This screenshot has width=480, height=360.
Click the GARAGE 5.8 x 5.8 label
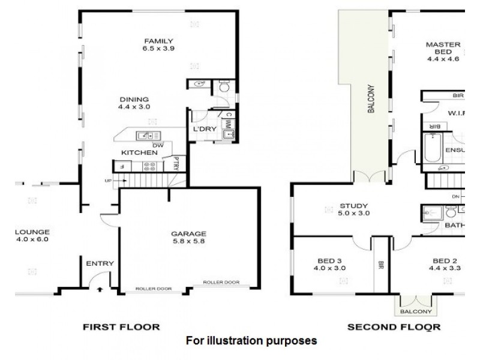pos(189,238)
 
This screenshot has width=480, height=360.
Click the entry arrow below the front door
pos(99,289)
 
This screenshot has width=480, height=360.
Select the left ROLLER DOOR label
pos(153,289)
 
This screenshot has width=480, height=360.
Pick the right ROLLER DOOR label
pos(221,283)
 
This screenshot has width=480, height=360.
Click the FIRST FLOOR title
pos(121,327)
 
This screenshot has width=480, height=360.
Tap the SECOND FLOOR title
pos(394,327)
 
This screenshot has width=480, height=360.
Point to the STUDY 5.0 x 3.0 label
pos(353,209)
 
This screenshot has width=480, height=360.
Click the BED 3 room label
pos(329,265)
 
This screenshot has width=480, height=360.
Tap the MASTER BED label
pos(443,52)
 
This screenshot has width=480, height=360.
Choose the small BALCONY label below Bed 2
pos(415,312)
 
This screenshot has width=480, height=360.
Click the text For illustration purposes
pos(251,341)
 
